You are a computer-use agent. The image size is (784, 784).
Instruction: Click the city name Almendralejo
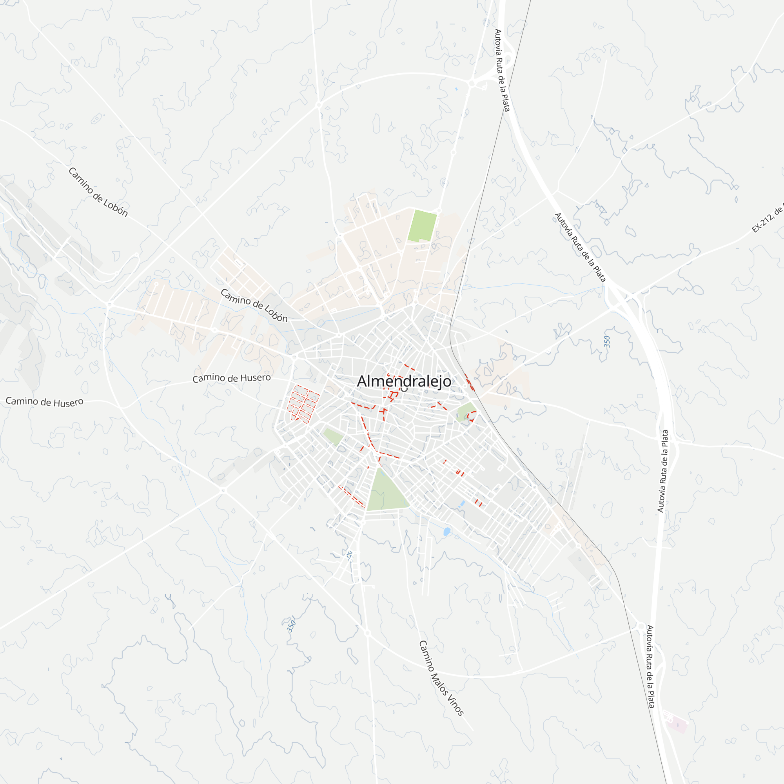[x=404, y=381]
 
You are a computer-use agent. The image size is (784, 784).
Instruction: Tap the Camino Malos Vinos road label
[x=441, y=678]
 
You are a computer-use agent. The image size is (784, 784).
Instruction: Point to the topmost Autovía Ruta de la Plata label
[x=502, y=70]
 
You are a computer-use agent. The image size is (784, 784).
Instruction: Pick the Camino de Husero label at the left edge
[x=44, y=402]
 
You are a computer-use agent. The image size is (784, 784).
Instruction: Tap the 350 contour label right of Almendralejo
[x=607, y=342]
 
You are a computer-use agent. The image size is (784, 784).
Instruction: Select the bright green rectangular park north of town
[x=422, y=226]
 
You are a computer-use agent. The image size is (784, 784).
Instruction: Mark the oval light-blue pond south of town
[x=447, y=532]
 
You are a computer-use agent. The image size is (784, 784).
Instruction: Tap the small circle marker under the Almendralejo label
[x=404, y=389]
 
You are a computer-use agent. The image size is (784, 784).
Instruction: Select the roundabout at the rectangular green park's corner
[x=439, y=211]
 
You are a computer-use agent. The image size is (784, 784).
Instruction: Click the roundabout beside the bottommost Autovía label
[x=641, y=626]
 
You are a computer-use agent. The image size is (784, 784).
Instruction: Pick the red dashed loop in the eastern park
[x=472, y=416]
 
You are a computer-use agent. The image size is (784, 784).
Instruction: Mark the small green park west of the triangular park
[x=334, y=437]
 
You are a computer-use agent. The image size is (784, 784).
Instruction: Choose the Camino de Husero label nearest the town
[x=231, y=378]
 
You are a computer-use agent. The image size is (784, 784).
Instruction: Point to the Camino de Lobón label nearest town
[x=254, y=305]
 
